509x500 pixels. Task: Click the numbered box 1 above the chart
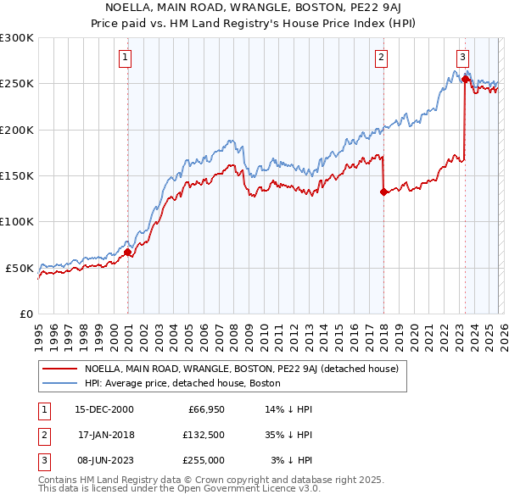click(125, 58)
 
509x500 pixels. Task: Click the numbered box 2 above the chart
click(381, 58)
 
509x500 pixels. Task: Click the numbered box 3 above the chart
click(462, 58)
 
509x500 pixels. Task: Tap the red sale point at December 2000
click(128, 252)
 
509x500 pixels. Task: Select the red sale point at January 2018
click(384, 192)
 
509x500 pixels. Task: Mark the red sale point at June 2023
click(465, 79)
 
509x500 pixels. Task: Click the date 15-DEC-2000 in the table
click(104, 409)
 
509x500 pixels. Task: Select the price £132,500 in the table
click(204, 435)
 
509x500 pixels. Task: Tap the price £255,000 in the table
click(204, 460)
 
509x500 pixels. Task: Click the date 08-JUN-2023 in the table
click(104, 460)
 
